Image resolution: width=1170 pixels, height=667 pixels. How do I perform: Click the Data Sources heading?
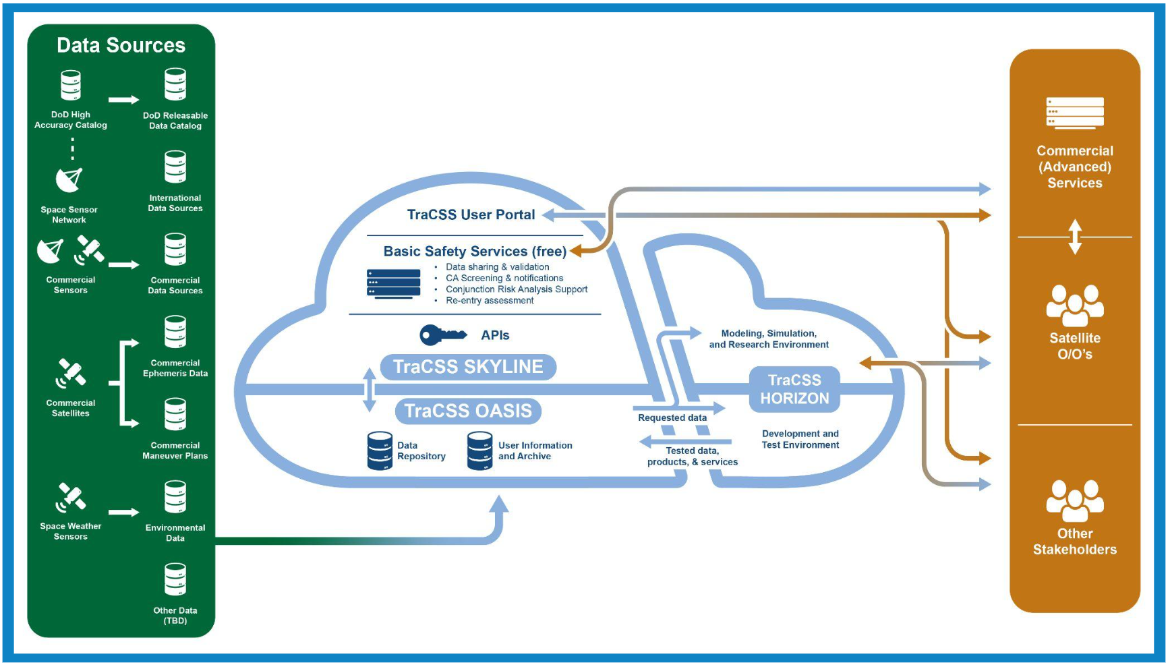121,45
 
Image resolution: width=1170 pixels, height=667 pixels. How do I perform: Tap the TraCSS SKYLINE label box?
468,367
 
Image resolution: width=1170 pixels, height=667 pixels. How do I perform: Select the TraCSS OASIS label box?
468,411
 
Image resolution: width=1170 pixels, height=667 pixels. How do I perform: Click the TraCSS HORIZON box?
794,389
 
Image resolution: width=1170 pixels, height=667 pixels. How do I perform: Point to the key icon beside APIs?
442,335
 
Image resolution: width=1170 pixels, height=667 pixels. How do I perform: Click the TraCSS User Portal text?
471,214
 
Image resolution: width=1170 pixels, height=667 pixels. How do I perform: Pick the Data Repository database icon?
380,451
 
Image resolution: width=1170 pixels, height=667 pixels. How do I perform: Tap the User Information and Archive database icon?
479,451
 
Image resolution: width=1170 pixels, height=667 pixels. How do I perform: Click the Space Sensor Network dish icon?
69,179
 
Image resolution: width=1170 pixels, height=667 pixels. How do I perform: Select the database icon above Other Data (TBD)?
175,579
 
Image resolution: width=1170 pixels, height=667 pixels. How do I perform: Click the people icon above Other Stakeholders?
1075,500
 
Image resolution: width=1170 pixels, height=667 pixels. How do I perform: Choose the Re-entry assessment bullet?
490,301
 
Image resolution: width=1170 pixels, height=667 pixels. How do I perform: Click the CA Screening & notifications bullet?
504,278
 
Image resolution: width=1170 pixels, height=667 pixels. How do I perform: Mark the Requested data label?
672,418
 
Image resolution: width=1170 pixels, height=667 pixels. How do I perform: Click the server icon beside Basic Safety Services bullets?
393,284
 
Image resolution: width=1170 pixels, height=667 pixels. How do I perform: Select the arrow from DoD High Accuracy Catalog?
123,100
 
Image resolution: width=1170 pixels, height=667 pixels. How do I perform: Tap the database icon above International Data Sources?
175,167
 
